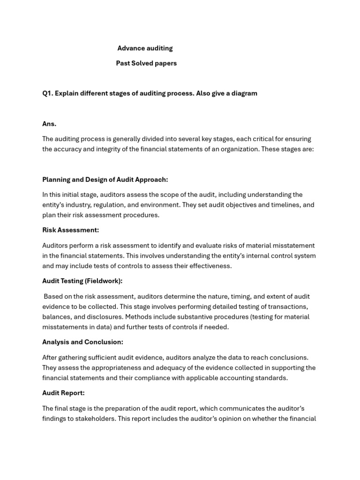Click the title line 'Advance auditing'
pyautogui.click(x=145, y=48)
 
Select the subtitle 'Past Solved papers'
pyautogui.click(x=146, y=63)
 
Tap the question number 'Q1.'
pyautogui.click(x=47, y=93)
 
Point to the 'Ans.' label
pyautogui.click(x=49, y=124)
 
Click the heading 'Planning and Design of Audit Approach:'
pyautogui.click(x=105, y=180)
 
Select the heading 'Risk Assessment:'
pyautogui.click(x=70, y=230)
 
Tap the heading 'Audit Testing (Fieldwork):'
pyautogui.click(x=82, y=281)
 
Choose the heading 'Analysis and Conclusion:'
pyautogui.click(x=82, y=342)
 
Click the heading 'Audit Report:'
pyautogui.click(x=63, y=393)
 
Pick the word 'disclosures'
pyautogui.click(x=98, y=317)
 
